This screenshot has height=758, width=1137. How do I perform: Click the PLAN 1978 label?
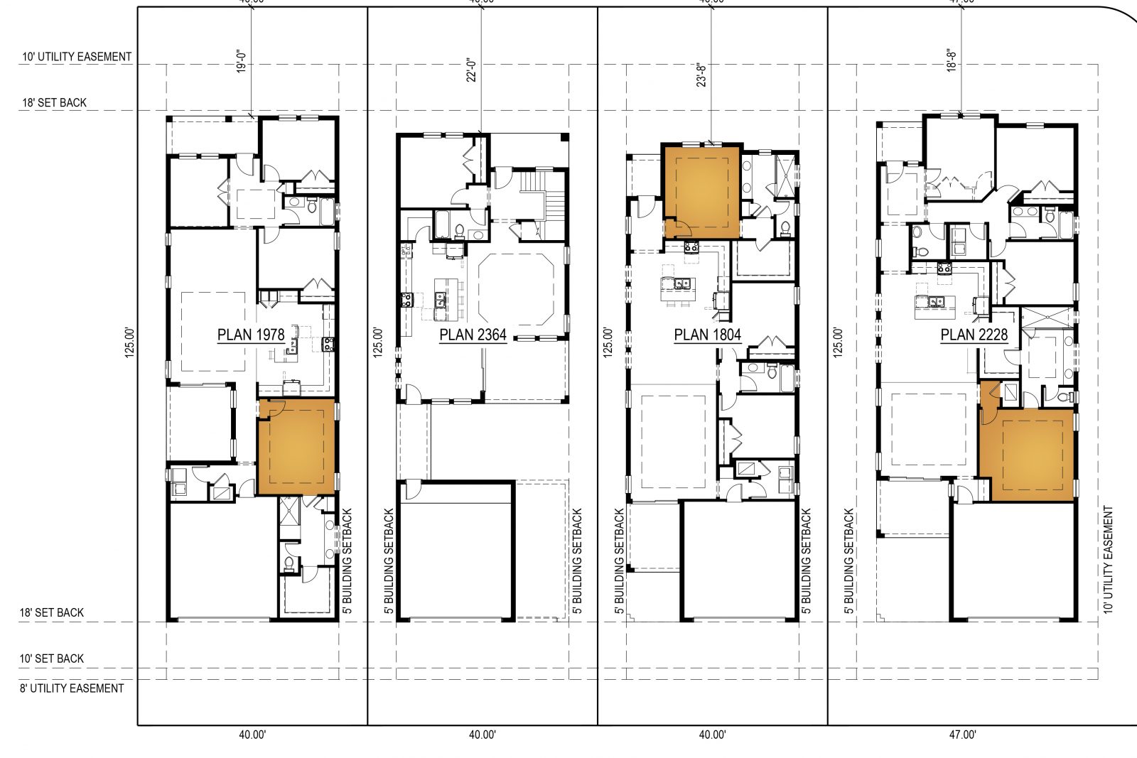pos(251,335)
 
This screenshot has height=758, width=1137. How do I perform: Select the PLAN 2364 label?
pos(473,335)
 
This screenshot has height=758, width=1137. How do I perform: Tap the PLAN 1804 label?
pos(707,335)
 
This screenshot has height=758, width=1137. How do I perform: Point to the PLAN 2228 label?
pos(974,335)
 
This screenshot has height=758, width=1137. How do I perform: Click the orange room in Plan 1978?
pos(296,447)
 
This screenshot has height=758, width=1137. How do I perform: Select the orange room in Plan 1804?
pos(702,192)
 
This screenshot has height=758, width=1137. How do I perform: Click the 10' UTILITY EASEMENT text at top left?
pos(76,57)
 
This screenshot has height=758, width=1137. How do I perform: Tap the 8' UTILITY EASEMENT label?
pos(72,688)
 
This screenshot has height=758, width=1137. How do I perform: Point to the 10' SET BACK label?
pos(51,659)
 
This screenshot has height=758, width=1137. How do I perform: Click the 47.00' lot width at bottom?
pos(963,735)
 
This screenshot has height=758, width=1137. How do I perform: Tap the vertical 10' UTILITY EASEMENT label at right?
pos(1109,560)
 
